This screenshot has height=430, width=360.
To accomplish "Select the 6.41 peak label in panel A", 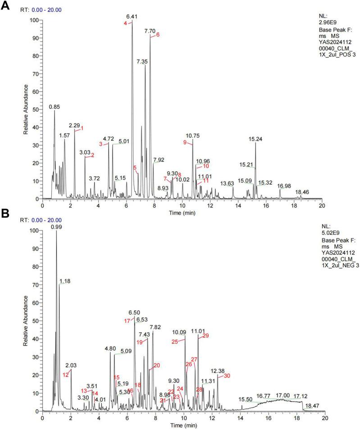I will (x=132, y=17).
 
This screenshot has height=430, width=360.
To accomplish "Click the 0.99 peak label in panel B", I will (x=56, y=227).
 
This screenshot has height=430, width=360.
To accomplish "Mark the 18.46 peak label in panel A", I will (x=302, y=192).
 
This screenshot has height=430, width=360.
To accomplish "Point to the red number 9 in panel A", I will (x=185, y=142).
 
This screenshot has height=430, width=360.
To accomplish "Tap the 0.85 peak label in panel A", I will (x=55, y=107).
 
